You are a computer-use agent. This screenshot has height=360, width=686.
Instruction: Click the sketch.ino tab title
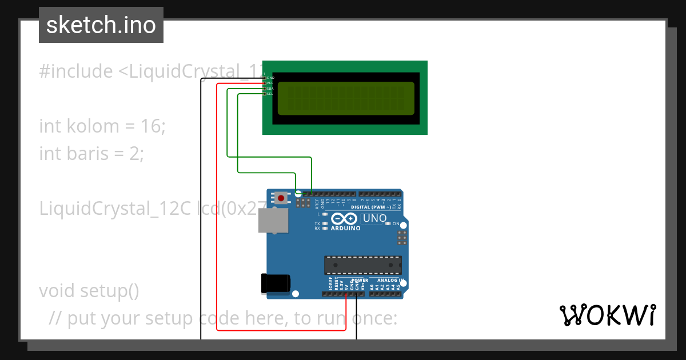coord(101,25)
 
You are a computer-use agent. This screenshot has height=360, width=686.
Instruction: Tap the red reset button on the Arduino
coord(281,198)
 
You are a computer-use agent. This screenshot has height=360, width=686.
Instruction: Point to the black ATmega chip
coord(363,265)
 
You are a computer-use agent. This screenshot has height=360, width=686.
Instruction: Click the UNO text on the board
coord(375,218)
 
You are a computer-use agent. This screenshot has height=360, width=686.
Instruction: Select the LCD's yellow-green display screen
coord(346,98)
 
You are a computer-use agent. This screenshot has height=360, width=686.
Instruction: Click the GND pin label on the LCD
coord(270,78)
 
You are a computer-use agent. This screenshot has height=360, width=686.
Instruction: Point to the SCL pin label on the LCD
coord(270,94)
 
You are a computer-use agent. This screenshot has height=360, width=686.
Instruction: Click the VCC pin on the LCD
coord(265,83)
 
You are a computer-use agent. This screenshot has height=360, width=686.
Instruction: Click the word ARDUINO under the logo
coord(345,229)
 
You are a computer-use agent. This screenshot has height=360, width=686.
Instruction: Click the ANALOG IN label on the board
coord(390,281)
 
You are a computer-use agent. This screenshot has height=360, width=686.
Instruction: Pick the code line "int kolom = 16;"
coord(102,126)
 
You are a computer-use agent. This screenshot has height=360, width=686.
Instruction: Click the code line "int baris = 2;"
coord(91,153)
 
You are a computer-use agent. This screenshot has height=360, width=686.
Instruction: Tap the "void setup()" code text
coord(89,291)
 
